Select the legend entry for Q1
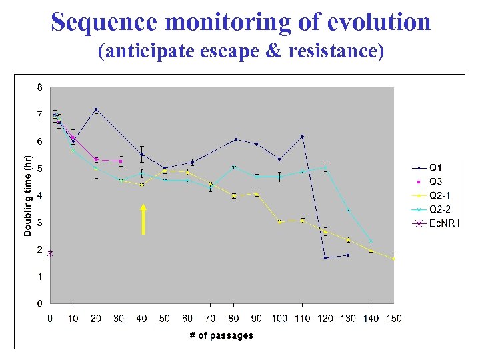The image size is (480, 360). click(x=435, y=167)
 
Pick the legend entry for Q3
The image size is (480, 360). click(x=435, y=181)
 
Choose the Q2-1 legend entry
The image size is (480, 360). click(x=439, y=195)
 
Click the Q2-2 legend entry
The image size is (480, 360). click(x=439, y=209)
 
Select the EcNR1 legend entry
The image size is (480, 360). click(x=444, y=223)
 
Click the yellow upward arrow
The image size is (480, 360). click(x=143, y=219)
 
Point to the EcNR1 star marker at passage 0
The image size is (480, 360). click(x=50, y=253)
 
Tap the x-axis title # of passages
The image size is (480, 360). click(x=221, y=335)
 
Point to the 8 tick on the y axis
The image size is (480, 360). click(x=39, y=87)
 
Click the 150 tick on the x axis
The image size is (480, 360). click(x=394, y=319)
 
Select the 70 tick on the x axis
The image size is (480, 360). click(x=210, y=319)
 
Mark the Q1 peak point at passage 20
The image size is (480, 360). click(x=96, y=109)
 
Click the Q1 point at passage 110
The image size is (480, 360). click(x=302, y=137)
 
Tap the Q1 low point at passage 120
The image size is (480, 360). click(x=325, y=257)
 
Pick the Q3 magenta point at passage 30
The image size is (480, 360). click(x=121, y=160)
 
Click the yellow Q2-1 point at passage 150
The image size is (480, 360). click(x=393, y=258)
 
